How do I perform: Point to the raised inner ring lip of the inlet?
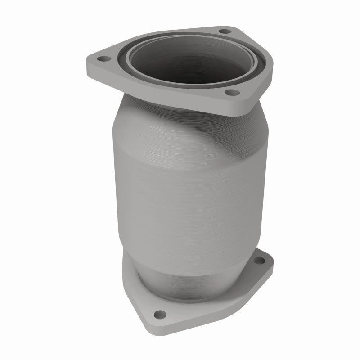click(x=135, y=72)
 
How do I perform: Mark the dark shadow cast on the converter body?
click(x=234, y=135)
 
